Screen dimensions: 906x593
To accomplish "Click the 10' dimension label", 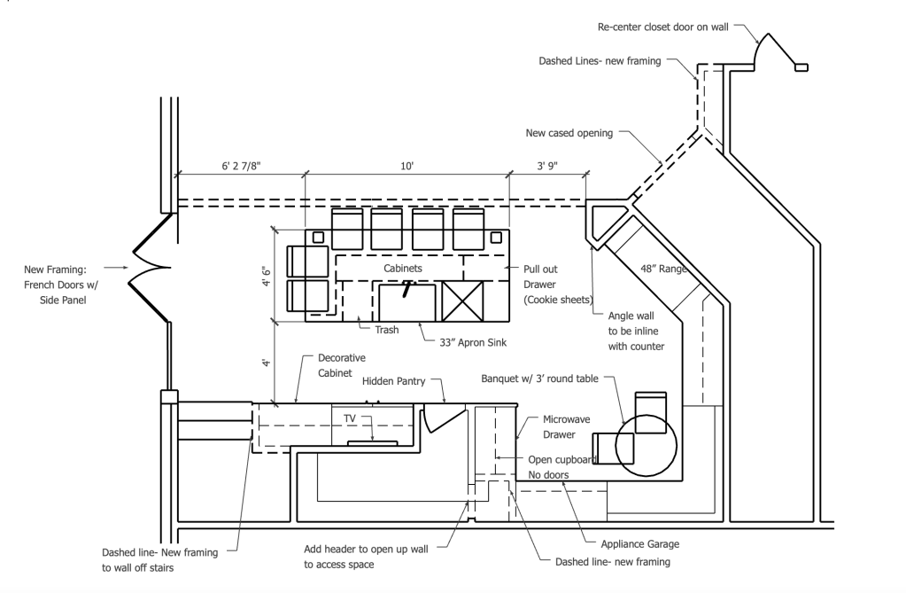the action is [x=407, y=166].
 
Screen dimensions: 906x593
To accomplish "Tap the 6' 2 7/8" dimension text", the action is [x=242, y=166].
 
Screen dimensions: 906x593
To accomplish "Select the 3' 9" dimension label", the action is [x=547, y=166].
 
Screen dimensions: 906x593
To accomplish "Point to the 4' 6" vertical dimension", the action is [x=267, y=275].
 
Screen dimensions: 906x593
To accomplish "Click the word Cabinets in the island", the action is [x=403, y=268].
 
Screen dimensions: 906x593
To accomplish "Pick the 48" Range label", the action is [x=664, y=269].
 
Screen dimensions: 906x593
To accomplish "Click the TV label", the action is [x=350, y=418].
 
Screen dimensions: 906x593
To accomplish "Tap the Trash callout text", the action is [x=386, y=330].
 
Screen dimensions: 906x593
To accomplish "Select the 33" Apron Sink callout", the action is [x=473, y=342].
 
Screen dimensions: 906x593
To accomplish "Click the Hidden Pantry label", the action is [x=393, y=381].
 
